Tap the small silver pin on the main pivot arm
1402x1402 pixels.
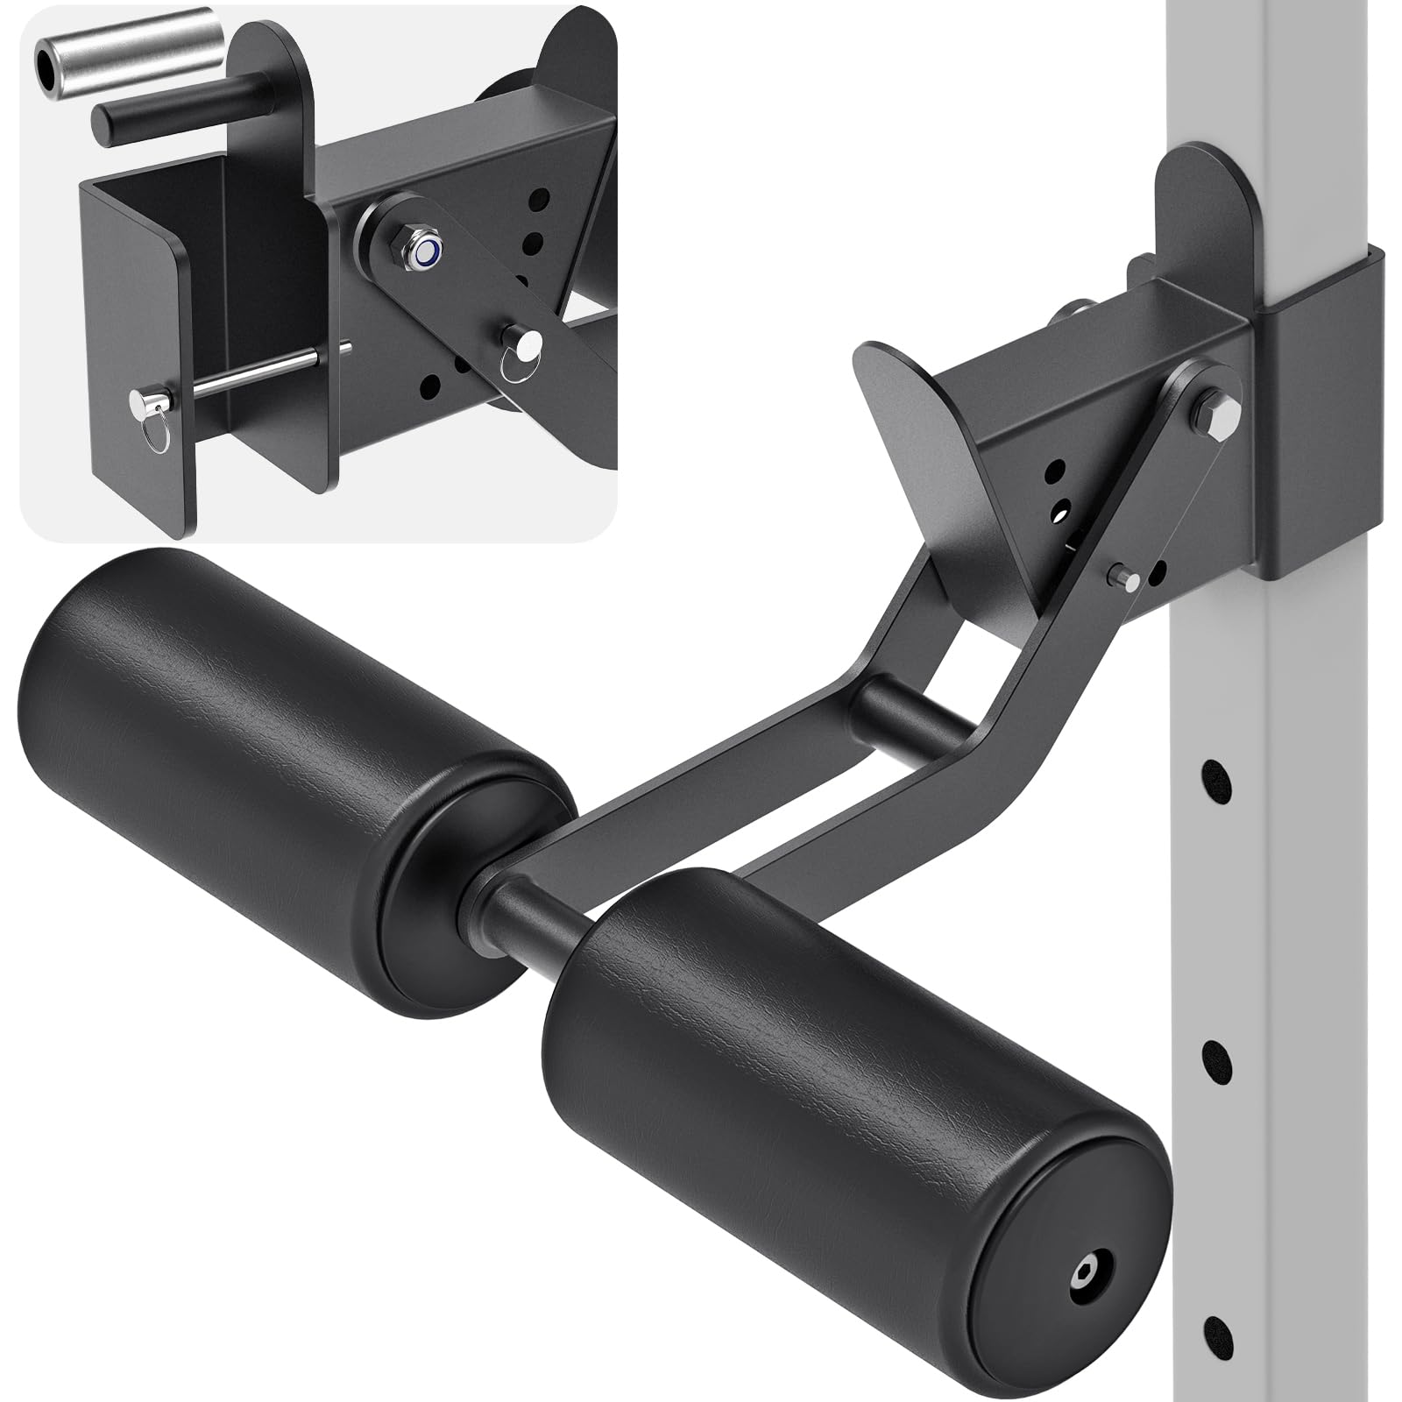click(1125, 577)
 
